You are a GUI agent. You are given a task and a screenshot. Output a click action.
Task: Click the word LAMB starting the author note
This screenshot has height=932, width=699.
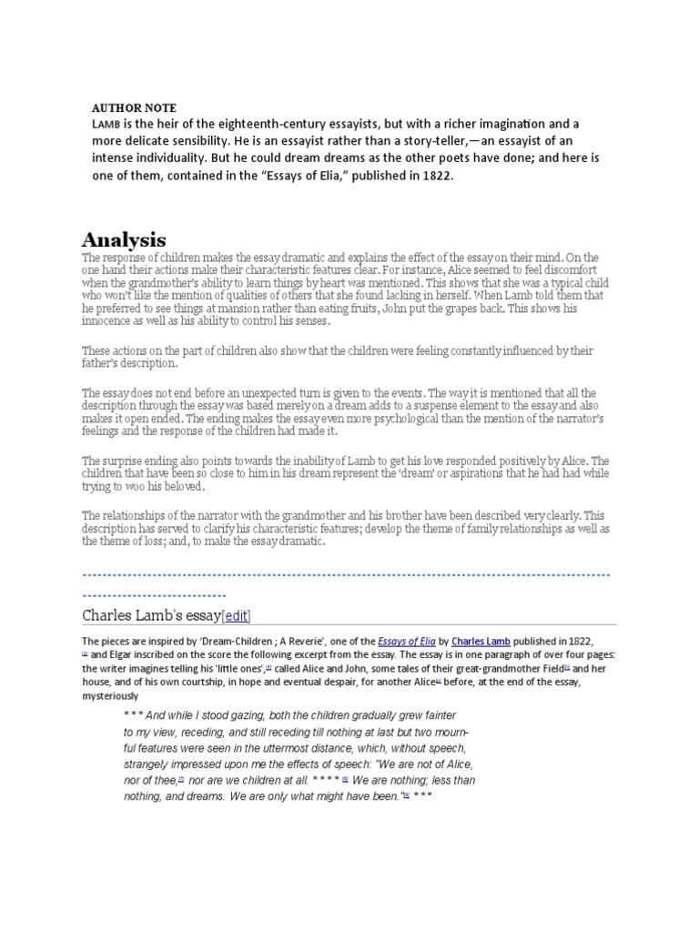(106, 123)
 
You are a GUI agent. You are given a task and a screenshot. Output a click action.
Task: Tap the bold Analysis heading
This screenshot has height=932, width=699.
(124, 240)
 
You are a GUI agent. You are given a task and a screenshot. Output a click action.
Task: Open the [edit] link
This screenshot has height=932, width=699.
(237, 615)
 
